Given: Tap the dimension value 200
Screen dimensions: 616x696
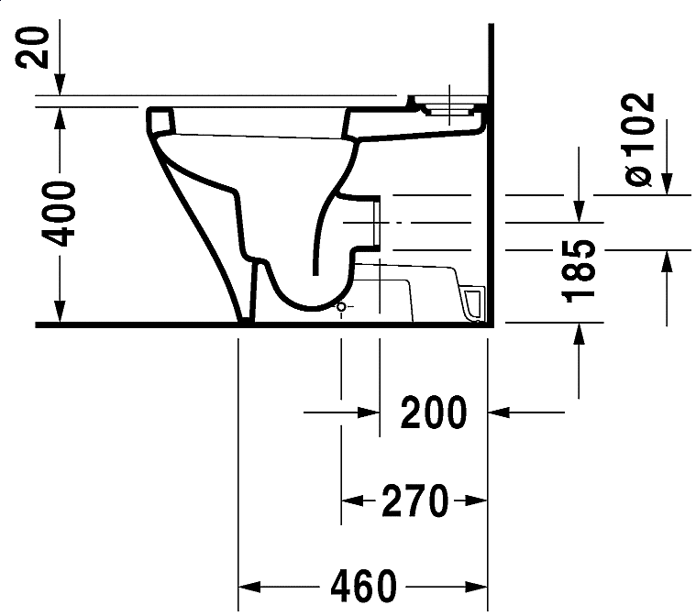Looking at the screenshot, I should coord(434,413).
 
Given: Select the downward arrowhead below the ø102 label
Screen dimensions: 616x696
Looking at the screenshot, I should coord(667,183).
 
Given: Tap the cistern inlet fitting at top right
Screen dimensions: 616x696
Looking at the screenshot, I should coord(448,106).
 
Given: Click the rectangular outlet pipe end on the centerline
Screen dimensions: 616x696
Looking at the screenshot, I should coord(375,223).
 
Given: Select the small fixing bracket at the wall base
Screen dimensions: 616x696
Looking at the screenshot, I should coord(473,303).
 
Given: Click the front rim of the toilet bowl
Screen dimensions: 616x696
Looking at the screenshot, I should coord(160,120).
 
